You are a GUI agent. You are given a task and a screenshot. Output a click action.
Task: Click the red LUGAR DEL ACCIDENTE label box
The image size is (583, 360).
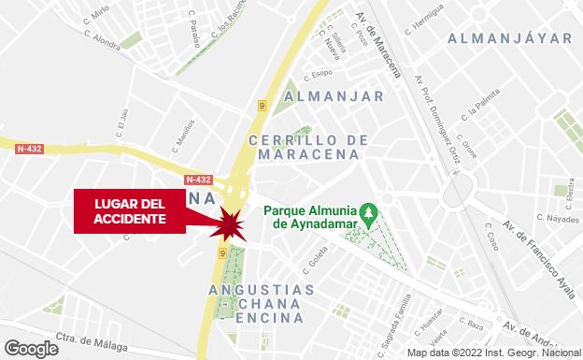[x=130, y=211]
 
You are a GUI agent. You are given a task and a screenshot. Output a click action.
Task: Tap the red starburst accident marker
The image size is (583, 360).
[x=228, y=225]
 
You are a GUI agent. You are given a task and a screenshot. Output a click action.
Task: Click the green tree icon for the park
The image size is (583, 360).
[x=369, y=215]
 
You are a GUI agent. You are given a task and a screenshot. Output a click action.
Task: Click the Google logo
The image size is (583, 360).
[x=30, y=348]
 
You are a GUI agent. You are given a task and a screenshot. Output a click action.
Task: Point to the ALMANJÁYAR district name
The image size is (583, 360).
[x=508, y=38]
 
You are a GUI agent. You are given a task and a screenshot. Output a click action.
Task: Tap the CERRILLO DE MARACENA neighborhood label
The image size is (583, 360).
[x=308, y=147]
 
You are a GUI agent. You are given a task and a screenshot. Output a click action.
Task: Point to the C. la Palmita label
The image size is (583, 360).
[x=480, y=121]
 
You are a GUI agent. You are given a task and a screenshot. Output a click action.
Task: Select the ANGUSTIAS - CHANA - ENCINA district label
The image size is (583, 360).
[x=264, y=303]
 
